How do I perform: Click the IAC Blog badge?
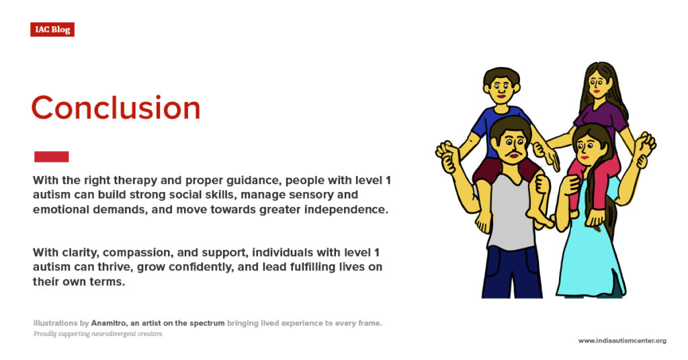52,30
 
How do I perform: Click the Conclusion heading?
116,108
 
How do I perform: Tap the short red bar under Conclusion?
51,156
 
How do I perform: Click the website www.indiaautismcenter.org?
621,341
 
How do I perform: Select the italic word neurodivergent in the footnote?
116,334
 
